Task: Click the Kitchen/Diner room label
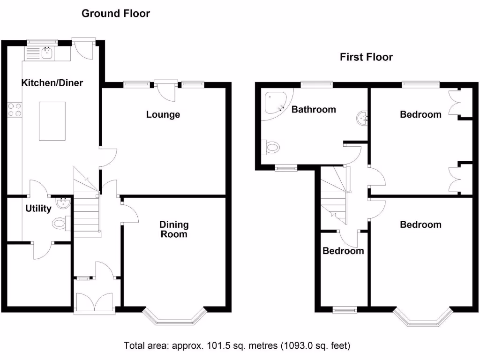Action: (x=52, y=82)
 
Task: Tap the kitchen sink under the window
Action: (x=47, y=53)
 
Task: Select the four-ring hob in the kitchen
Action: (x=15, y=110)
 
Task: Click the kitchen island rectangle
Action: (x=52, y=121)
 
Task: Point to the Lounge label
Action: (x=163, y=114)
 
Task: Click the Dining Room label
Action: (x=174, y=229)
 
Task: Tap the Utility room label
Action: (x=38, y=209)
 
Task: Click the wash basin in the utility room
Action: (x=63, y=203)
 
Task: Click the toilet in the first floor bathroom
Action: (x=270, y=148)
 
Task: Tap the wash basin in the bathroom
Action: (x=362, y=118)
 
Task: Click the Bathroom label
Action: (x=314, y=109)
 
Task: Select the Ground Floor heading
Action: (x=116, y=14)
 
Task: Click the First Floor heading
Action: (x=366, y=57)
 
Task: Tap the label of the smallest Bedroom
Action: (x=343, y=251)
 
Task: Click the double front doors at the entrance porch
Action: (x=95, y=301)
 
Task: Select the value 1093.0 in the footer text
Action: (x=298, y=345)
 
